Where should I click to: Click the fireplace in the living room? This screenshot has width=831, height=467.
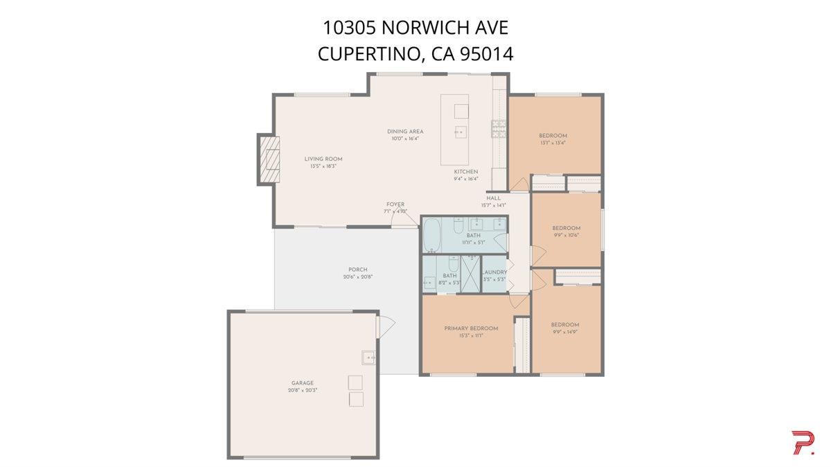(269, 159)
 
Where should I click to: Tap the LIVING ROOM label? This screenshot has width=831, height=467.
(323, 159)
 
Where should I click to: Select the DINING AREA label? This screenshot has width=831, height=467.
(405, 132)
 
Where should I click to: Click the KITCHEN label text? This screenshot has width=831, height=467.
(465, 171)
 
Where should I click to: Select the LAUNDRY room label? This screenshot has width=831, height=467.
(494, 272)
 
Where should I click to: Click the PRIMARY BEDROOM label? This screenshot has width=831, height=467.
(471, 328)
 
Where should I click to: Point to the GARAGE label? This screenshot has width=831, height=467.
(302, 383)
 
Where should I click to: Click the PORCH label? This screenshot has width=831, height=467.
(358, 270)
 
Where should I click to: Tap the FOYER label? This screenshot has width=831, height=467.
(395, 204)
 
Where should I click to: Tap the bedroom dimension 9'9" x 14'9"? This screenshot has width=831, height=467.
(565, 333)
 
